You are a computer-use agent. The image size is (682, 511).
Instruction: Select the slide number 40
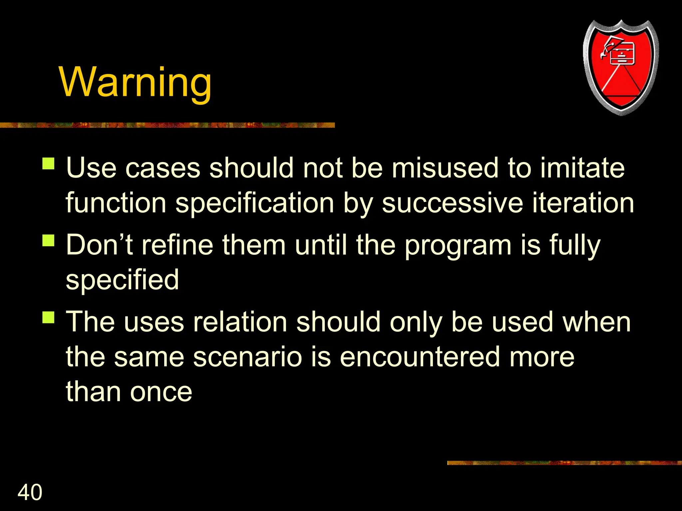(x=30, y=492)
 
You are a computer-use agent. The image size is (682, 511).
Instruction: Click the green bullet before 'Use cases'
(x=49, y=164)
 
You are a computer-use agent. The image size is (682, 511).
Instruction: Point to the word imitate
(x=582, y=168)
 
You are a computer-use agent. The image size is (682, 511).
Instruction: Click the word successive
(x=452, y=203)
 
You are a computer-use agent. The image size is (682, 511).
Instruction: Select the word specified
(x=122, y=280)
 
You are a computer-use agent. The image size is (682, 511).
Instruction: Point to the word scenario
(x=247, y=357)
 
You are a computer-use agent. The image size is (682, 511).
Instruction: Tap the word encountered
(x=420, y=357)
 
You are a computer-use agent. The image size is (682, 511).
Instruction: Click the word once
(x=161, y=392)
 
